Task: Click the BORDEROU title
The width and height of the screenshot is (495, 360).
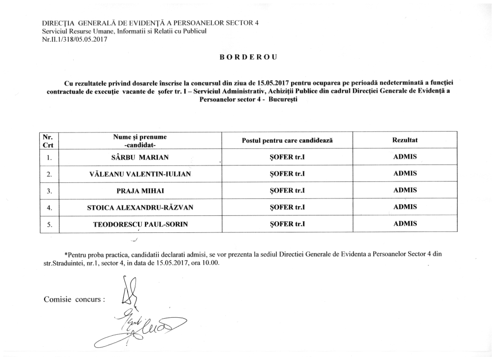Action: coord(247,57)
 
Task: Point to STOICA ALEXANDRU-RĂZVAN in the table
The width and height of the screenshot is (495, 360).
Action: coord(140,207)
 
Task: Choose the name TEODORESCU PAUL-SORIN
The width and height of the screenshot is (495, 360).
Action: coord(140,224)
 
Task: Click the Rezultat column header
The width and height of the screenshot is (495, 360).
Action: coord(405,140)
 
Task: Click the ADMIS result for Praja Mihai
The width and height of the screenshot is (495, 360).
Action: coord(405,190)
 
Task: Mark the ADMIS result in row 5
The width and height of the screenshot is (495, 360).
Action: coord(405,224)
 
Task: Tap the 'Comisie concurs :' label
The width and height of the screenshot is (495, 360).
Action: coord(74,299)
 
